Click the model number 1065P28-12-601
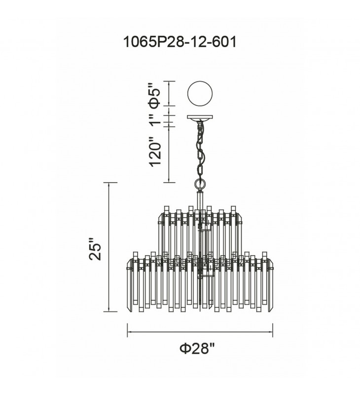[x=180, y=42]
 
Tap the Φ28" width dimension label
[x=197, y=349]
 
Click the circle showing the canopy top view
[x=200, y=93]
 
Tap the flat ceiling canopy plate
[x=200, y=118]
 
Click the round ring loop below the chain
[x=200, y=184]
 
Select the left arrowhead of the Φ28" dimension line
[x=129, y=332]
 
